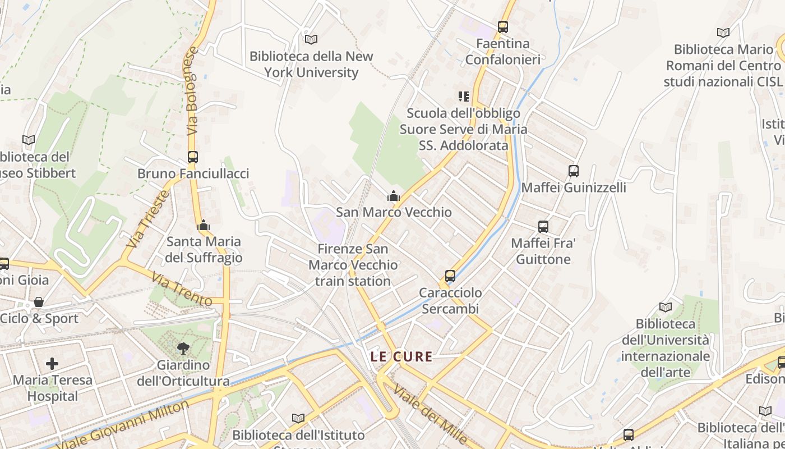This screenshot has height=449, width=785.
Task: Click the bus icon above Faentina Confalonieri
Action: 502,26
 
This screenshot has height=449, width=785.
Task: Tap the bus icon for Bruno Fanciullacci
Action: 193,157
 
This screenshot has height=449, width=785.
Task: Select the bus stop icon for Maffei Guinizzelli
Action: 573,171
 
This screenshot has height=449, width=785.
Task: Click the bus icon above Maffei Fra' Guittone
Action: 543,227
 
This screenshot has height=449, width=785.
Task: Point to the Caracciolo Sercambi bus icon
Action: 450,276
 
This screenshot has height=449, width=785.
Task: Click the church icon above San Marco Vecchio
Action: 394,196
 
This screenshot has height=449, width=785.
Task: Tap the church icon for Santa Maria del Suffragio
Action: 204,226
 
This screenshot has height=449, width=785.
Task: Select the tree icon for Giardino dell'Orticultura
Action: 183,348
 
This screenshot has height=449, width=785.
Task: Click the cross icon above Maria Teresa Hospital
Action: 52,363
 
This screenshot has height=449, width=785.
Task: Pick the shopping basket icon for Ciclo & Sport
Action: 39,302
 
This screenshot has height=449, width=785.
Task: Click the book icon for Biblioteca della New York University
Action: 311,39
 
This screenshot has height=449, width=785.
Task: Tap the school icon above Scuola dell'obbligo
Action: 463,97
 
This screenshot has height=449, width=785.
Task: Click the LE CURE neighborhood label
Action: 401,356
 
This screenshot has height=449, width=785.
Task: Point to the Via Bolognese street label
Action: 192,91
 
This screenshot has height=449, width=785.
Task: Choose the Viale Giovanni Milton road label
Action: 123,425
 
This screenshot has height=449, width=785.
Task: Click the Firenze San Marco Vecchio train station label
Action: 353,265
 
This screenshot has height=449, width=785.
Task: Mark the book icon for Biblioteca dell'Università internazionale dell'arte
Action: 665,307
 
